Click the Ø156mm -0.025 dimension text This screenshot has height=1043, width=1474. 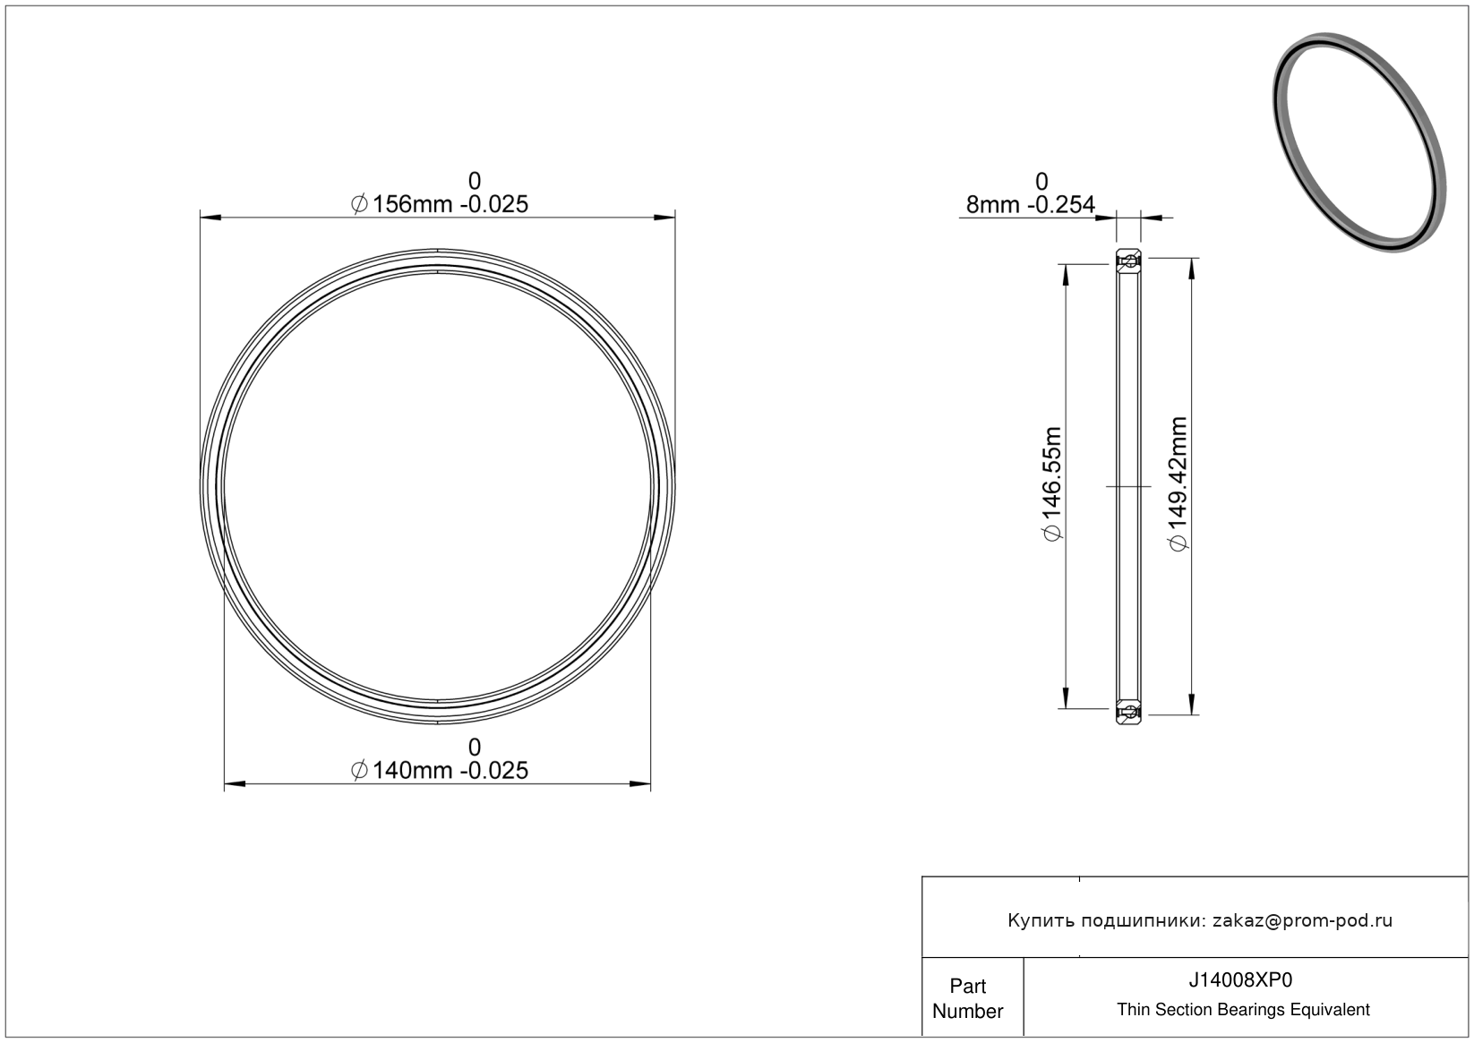(440, 204)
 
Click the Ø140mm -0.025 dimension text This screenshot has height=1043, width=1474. (440, 770)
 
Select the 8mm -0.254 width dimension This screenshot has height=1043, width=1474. (1031, 205)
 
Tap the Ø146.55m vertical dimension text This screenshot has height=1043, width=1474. (1052, 484)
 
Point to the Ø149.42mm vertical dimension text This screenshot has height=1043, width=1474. (1178, 483)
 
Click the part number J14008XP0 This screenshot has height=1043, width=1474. (1240, 980)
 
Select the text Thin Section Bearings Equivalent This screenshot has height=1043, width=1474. (1243, 1010)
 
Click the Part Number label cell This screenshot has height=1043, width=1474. (968, 998)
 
